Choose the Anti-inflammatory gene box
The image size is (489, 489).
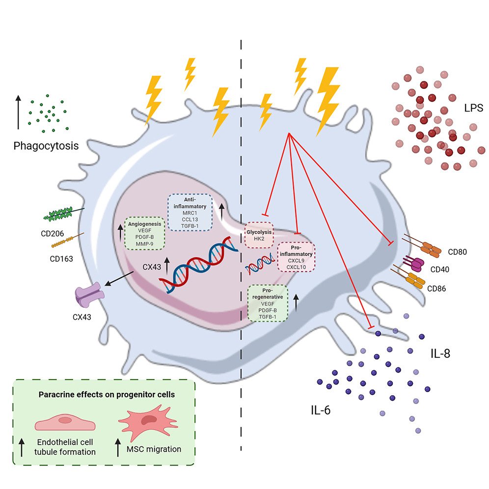190,212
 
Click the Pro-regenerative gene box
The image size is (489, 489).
268,303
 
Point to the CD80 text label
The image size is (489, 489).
457,252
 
